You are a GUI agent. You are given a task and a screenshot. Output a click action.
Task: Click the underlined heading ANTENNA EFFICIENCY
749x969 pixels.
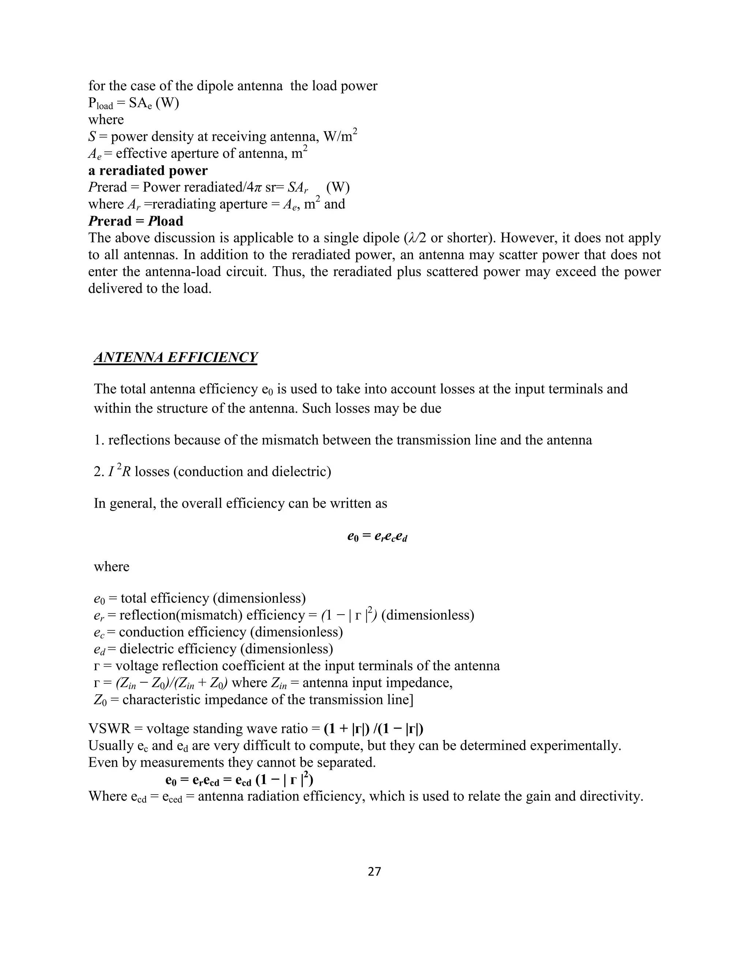point(175,357)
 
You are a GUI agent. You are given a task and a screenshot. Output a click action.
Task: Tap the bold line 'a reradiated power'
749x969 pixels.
point(148,170)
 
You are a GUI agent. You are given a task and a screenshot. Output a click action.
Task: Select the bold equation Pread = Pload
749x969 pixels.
point(136,221)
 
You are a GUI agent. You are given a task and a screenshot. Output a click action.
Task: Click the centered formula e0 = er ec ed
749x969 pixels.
point(377,537)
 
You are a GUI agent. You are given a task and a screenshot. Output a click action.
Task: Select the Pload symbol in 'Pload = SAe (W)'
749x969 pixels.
point(101,103)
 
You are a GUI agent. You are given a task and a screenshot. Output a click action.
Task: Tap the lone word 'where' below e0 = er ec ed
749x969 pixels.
point(112,566)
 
